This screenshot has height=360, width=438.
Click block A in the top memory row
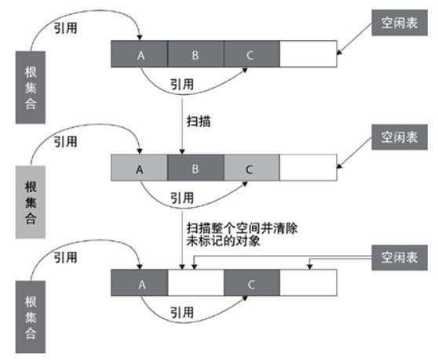139,54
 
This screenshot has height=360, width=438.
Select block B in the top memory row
195,54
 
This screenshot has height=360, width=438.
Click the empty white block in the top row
308,54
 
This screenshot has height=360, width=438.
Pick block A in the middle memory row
139,169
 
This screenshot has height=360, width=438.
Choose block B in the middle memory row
195,169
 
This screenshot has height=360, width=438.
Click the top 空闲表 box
400,25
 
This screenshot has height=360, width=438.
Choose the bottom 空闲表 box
400,256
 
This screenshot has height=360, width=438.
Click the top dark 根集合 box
31,85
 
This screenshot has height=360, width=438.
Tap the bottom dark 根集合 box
31,311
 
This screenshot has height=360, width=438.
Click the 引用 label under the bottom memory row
181,311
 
